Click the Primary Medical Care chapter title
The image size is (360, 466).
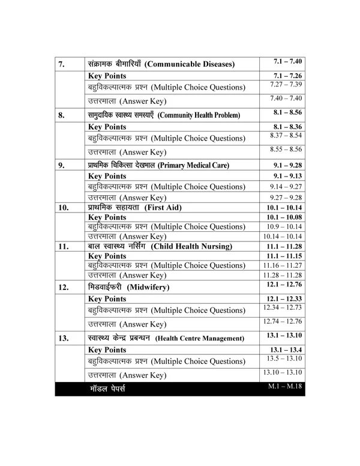159,165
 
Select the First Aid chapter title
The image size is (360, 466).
134,207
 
